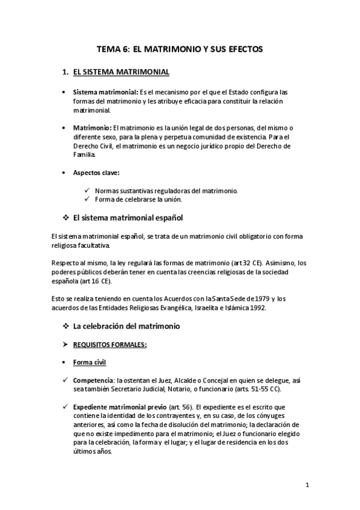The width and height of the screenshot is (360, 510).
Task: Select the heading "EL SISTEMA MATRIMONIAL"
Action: coord(120,72)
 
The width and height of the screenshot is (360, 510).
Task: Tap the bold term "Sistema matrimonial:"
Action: coord(105,93)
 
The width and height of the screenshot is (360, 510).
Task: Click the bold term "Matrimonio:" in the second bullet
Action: coord(92,128)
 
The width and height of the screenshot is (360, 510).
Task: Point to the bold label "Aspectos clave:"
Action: coord(96,173)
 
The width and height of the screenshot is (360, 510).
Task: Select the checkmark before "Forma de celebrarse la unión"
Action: coord(88,200)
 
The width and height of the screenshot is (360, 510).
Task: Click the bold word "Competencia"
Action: coord(93,381)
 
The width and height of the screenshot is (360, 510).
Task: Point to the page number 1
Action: coord(307,485)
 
